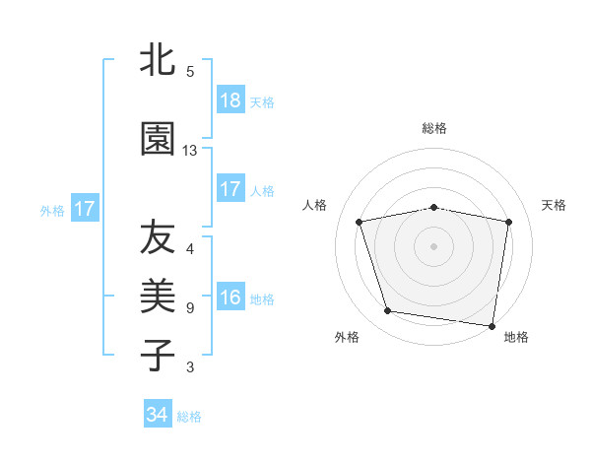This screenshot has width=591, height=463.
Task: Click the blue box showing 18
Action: point(230,100)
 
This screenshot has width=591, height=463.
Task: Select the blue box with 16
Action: point(230,298)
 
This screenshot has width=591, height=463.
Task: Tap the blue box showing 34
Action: point(158,415)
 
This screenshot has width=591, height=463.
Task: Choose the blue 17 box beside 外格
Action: point(84,209)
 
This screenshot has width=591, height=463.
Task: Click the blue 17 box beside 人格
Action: point(230,189)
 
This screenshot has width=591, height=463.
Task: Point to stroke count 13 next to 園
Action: point(190,151)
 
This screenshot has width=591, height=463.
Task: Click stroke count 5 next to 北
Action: point(190,72)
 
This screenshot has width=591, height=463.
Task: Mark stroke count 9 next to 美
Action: point(190,308)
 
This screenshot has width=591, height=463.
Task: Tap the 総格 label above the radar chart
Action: point(434,128)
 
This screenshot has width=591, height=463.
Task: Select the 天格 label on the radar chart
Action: point(555,205)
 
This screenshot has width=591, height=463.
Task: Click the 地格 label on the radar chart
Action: point(516,337)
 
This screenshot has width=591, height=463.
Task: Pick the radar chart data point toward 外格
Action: point(388,311)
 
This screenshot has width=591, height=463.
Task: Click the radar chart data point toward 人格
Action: point(360,222)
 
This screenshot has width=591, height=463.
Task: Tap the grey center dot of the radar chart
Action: point(434,245)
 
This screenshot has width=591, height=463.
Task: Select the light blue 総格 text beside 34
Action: point(189,417)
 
